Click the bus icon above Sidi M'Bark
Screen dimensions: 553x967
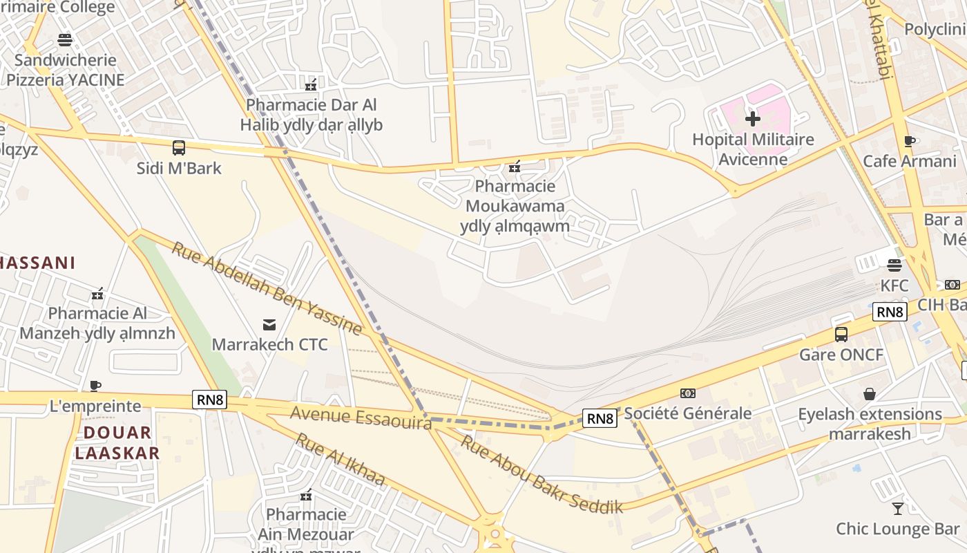pyautogui.click(x=179, y=147)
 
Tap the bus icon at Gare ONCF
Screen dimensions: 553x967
pyautogui.click(x=841, y=335)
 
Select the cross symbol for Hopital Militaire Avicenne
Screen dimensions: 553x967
pyautogui.click(x=753, y=119)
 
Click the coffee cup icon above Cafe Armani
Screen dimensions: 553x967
pyautogui.click(x=910, y=142)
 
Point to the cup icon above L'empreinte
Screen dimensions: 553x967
pyautogui.click(x=95, y=386)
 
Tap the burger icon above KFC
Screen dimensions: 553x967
pyautogui.click(x=894, y=265)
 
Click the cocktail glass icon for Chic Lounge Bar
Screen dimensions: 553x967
pyautogui.click(x=897, y=509)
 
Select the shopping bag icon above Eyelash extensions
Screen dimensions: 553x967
pyautogui.click(x=870, y=394)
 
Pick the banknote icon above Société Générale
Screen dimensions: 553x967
pyautogui.click(x=687, y=393)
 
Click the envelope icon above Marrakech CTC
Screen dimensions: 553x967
pyautogui.click(x=269, y=324)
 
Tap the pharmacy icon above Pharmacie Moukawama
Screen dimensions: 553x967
pyautogui.click(x=514, y=166)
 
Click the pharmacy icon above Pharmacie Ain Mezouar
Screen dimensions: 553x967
pyautogui.click(x=306, y=495)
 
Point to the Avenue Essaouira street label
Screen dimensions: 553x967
pyautogui.click(x=361, y=418)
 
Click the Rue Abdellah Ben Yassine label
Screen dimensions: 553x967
pyautogui.click(x=267, y=288)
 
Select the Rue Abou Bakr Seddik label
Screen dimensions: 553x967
pyautogui.click(x=542, y=474)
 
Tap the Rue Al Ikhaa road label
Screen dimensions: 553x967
pyautogui.click(x=340, y=460)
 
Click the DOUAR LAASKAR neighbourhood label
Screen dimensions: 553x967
pyautogui.click(x=117, y=443)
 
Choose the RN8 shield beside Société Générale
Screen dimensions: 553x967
pyautogui.click(x=599, y=418)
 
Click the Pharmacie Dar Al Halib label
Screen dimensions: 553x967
pyautogui.click(x=312, y=115)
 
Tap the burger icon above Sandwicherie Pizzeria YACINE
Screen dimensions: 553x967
pyautogui.click(x=65, y=40)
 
